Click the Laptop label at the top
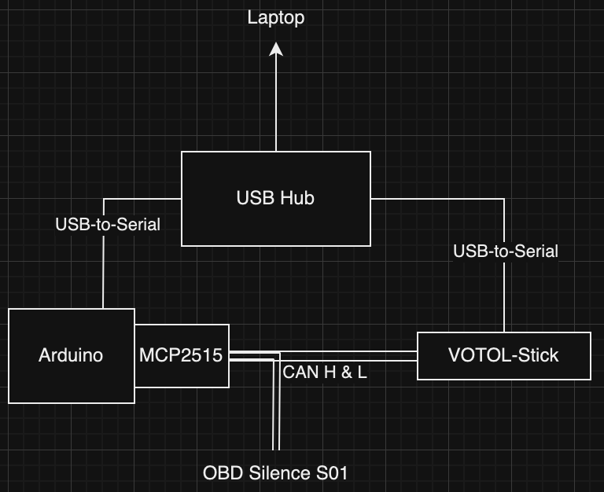pos(276,17)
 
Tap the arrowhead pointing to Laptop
pos(276,50)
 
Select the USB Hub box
pos(275,198)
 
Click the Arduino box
pos(71,355)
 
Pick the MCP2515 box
pos(182,355)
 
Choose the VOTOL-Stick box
pos(503,355)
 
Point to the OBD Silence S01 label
pos(275,473)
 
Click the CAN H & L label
pos(325,373)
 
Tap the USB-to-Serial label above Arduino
pos(108,225)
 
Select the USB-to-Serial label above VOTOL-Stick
pos(506,252)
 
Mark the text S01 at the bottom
pos(331,473)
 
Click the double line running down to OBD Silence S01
pos(276,417)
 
